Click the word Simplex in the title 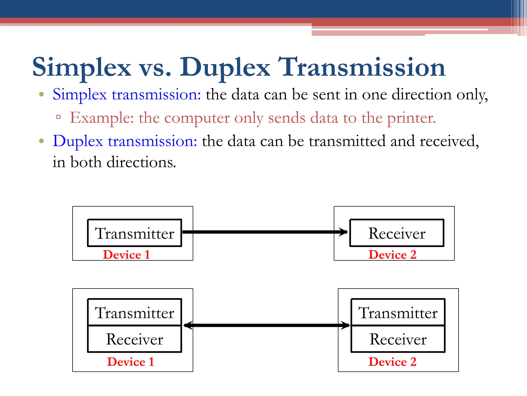click(x=82, y=68)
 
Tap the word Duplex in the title click(x=225, y=68)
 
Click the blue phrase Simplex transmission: click(x=127, y=95)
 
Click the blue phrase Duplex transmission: click(x=125, y=141)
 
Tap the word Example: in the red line click(x=102, y=118)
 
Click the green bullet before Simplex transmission click(x=41, y=94)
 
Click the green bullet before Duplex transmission click(x=41, y=141)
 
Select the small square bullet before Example click(x=58, y=117)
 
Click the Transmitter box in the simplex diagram click(x=135, y=233)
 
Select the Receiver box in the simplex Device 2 click(x=397, y=233)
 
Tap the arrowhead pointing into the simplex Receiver click(x=343, y=232)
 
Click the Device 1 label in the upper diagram click(x=126, y=255)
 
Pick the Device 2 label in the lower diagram click(x=392, y=362)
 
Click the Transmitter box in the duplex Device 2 click(x=398, y=312)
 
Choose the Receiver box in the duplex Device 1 click(x=135, y=339)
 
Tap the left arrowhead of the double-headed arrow click(x=188, y=325)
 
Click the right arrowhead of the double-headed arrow click(x=345, y=325)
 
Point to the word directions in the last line click(x=141, y=162)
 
